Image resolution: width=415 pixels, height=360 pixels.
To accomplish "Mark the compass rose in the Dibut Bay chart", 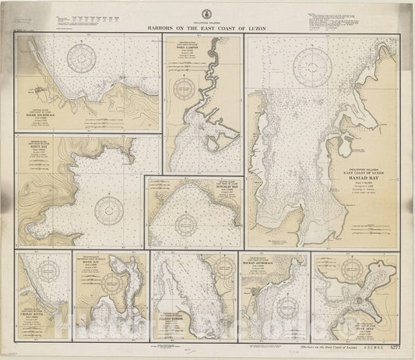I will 105,208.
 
